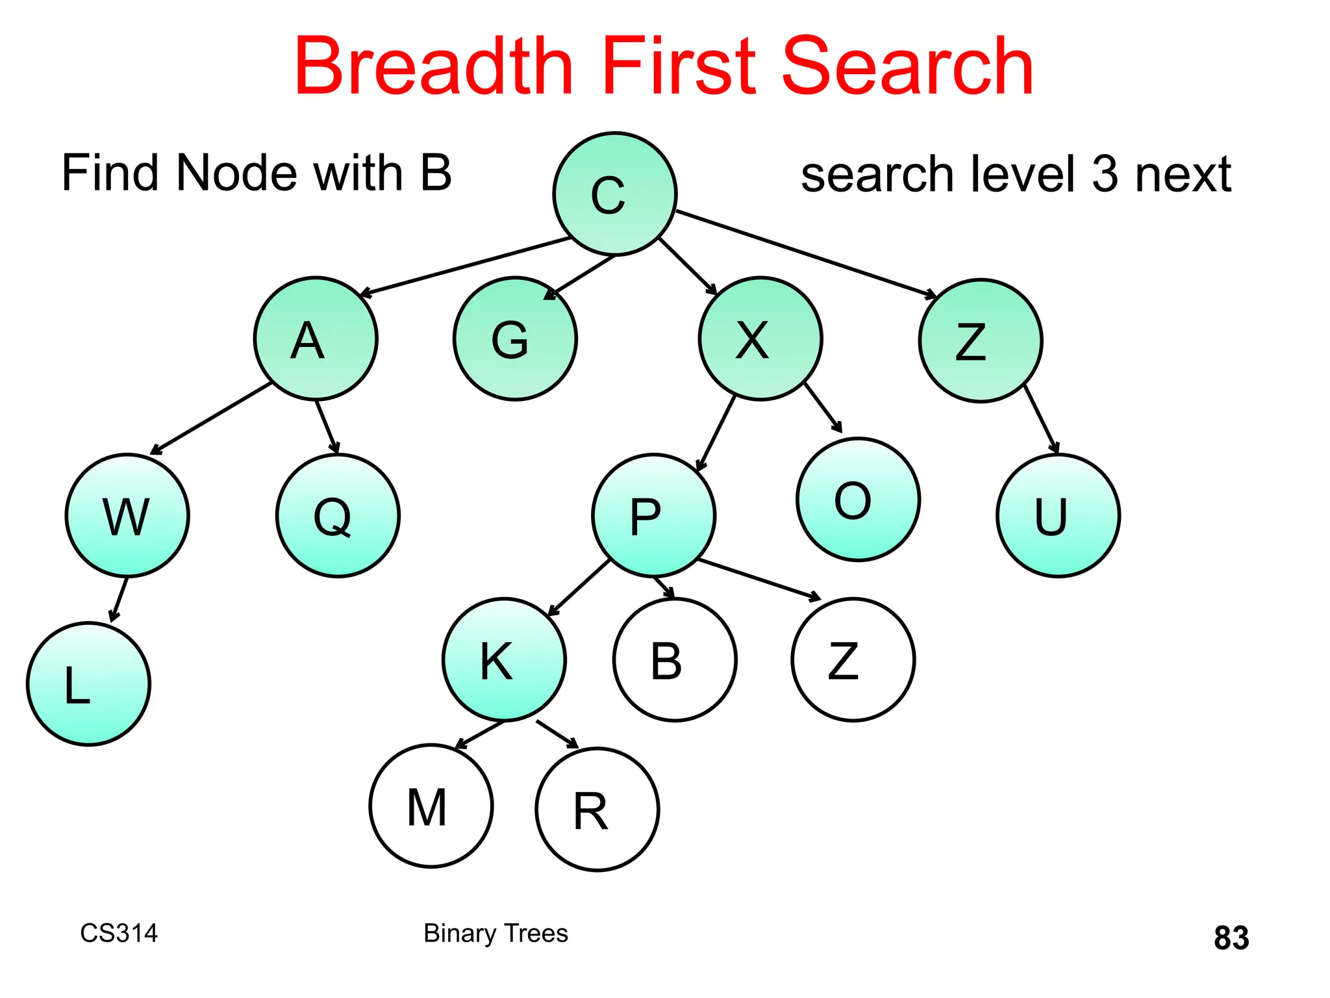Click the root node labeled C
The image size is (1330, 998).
click(614, 194)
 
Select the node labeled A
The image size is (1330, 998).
click(316, 339)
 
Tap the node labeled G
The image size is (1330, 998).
click(515, 339)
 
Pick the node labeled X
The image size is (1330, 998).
click(760, 339)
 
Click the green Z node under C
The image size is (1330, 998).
click(981, 341)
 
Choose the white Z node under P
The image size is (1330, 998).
click(853, 659)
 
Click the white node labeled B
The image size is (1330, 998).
click(675, 659)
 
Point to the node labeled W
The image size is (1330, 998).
click(127, 515)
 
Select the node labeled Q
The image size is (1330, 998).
click(338, 515)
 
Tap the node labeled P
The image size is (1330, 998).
click(653, 515)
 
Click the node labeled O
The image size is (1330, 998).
click(858, 499)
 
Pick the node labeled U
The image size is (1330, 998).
click(1058, 515)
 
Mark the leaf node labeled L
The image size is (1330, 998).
click(88, 684)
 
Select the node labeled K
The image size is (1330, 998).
click(504, 659)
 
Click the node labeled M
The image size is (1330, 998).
click(431, 806)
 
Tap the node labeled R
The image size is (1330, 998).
click(597, 810)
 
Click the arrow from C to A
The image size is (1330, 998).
click(464, 267)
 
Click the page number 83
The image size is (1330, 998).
click(1231, 938)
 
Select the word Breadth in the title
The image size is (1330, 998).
click(434, 67)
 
